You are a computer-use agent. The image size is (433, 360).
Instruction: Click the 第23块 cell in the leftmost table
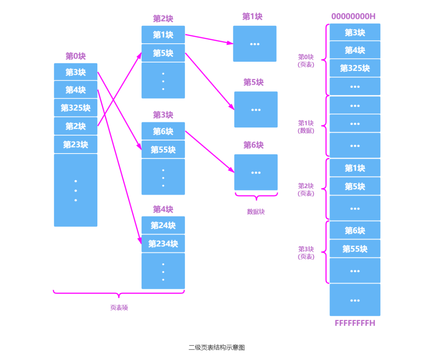pos(75,144)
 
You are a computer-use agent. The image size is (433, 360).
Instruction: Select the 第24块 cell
pos(163,225)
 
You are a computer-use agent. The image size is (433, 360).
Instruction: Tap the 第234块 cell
pos(163,243)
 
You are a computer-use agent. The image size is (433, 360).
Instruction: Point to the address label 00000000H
pos(353,16)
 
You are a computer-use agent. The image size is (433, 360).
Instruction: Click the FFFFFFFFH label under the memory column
pos(355,323)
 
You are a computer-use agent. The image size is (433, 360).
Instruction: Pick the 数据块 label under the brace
pos(256,212)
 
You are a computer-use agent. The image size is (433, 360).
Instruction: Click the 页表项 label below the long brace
pos(119,308)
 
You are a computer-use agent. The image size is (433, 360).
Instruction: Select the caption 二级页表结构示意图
pos(216,348)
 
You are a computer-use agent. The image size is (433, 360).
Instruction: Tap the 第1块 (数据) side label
pos(306,127)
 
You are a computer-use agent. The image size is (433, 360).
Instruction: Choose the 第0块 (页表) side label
pos(306,61)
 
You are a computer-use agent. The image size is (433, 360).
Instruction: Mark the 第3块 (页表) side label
pos(306,253)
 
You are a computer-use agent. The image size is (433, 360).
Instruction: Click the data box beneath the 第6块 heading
pos(256,172)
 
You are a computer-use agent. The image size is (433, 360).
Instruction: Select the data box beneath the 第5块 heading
pos(256,109)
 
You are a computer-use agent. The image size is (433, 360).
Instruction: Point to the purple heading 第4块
pos(163,209)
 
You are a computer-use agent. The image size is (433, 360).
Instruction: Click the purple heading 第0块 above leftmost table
pos(75,56)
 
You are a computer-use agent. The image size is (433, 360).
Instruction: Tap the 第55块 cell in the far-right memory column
pos(355,249)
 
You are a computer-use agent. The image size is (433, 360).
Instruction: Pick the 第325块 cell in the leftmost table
pos(75,108)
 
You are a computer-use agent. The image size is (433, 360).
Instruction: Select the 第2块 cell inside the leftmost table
pos(75,126)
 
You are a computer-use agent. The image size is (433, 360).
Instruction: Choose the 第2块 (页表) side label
pos(306,190)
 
